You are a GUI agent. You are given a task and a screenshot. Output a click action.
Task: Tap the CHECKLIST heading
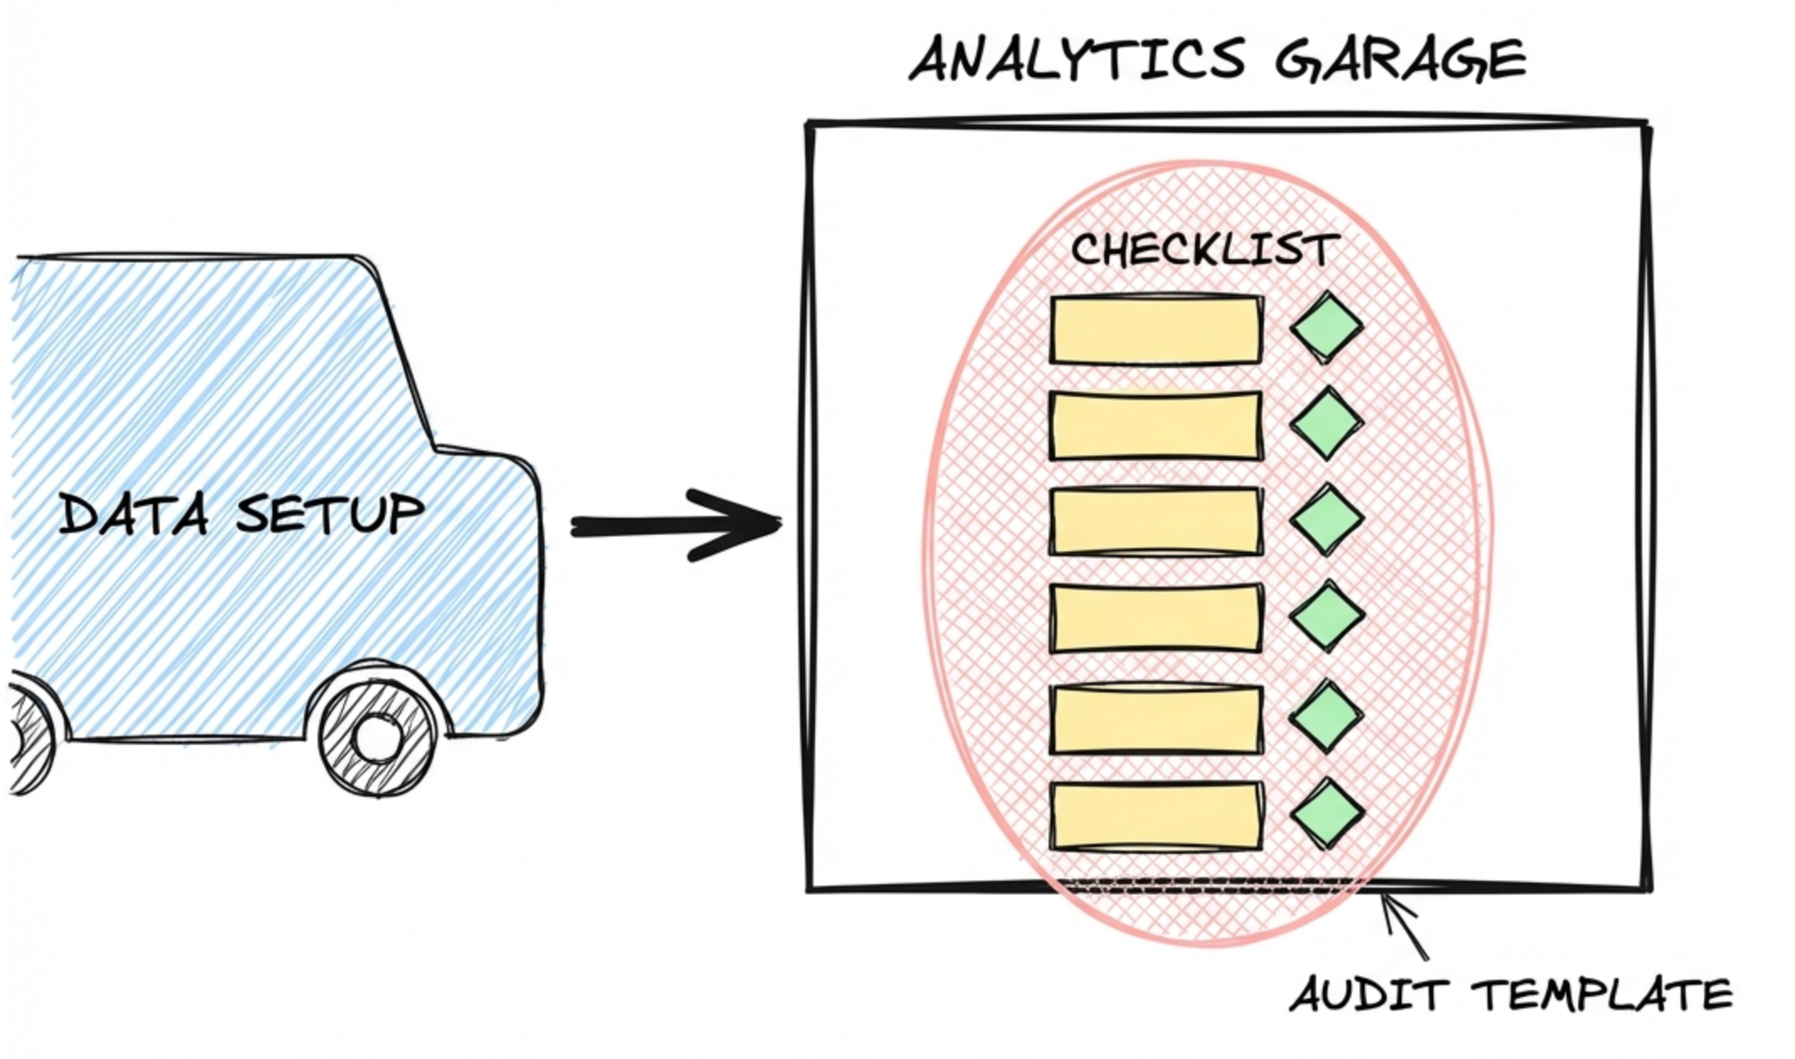click(1204, 249)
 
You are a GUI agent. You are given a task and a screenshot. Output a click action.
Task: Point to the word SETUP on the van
click(330, 513)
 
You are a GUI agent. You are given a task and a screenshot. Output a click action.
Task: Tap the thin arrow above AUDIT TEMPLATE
click(1405, 924)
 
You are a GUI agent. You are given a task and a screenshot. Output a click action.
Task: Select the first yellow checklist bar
click(1156, 330)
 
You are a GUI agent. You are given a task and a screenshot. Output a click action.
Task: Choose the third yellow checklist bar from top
click(1156, 521)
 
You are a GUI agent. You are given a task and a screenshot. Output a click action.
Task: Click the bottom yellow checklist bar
click(1156, 816)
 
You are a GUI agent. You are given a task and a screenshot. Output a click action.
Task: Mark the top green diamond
click(1327, 327)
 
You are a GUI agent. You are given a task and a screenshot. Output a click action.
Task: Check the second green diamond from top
click(1327, 423)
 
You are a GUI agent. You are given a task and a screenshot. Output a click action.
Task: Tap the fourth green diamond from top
click(1327, 616)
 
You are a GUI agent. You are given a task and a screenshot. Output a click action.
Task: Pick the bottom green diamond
click(1327, 813)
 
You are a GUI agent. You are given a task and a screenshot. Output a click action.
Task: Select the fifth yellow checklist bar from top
click(1156, 718)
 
